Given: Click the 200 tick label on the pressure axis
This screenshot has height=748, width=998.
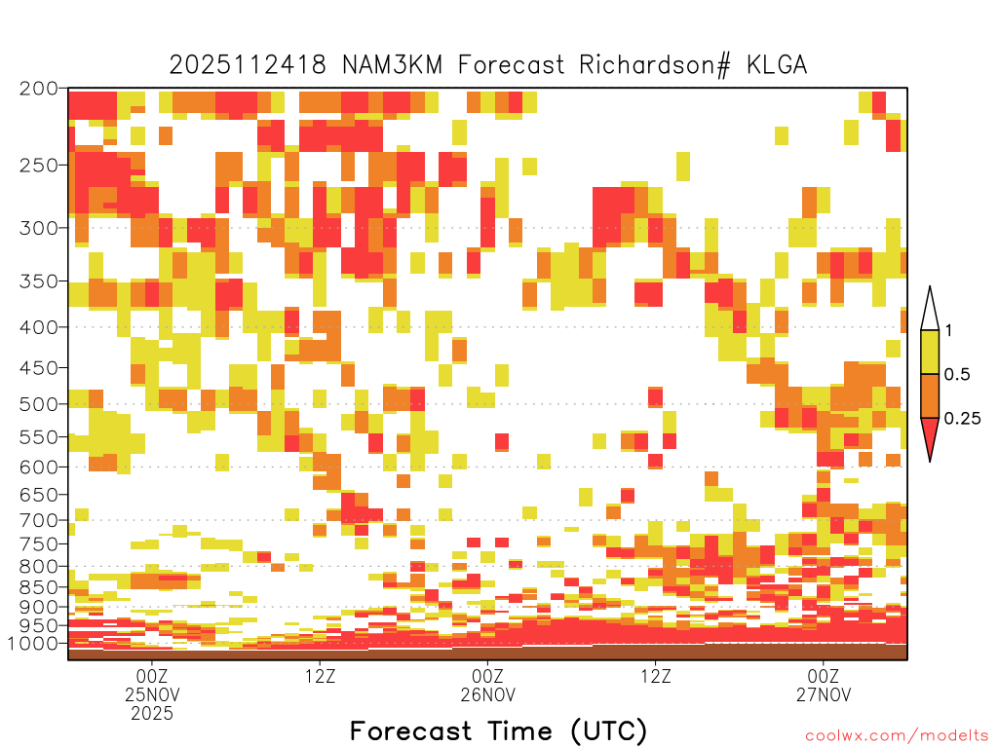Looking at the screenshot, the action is pos(39,89).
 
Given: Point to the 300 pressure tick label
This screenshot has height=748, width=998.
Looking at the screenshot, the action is pos(39,228).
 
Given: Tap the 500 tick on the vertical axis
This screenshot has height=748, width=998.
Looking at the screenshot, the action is pos(39,404).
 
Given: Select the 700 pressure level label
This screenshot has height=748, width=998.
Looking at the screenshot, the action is pos(39,520).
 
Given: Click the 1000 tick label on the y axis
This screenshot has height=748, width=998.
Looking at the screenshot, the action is pos(33,644).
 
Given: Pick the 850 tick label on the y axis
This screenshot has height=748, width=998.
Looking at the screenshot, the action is pos(39,587).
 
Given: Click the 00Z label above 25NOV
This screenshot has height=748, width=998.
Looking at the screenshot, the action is pos(151,676).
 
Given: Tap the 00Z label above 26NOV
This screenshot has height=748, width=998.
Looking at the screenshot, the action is pos(487,676).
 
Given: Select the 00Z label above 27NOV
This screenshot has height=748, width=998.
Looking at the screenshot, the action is pos(824,676).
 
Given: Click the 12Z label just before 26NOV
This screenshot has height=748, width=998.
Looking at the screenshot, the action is pos(320,676).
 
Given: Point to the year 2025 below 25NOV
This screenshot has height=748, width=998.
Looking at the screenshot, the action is pos(151,714).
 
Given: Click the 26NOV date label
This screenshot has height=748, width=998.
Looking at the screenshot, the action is pos(487,694).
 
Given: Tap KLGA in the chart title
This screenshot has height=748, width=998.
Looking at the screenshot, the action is pos(777,65).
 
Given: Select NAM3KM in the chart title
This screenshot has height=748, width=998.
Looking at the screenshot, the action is pos(392,65).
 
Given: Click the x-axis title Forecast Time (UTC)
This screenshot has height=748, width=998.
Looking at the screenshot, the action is pos(498,731).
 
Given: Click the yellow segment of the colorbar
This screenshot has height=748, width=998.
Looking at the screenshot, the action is pos(930,352).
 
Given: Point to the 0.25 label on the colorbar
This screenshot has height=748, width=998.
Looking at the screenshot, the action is pos(962,419).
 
